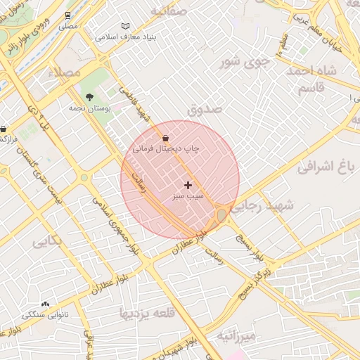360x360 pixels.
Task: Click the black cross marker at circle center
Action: point(188,184)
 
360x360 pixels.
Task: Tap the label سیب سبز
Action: point(188,198)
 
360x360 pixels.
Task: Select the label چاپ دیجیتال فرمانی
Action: point(166,149)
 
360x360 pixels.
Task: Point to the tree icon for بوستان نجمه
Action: point(89,98)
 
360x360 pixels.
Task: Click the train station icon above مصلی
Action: point(67,15)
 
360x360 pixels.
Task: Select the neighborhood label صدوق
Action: point(205,109)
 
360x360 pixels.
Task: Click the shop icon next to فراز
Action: point(5,129)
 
